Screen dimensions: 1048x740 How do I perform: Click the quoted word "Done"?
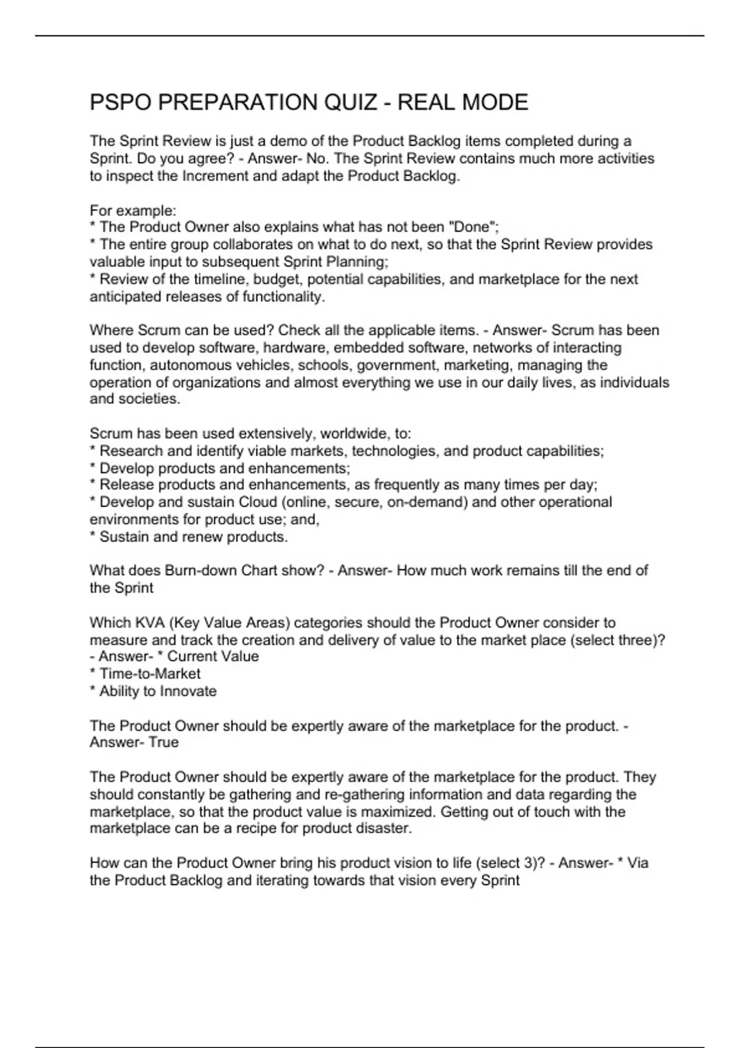pos(472,227)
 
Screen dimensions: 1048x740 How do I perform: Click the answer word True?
pos(163,742)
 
